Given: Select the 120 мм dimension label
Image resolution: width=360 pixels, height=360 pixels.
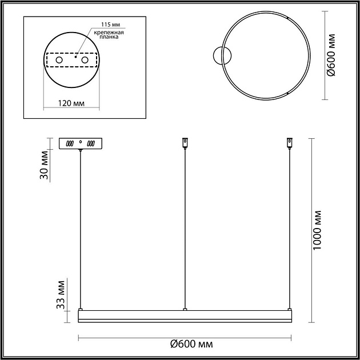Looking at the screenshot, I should point(72,103).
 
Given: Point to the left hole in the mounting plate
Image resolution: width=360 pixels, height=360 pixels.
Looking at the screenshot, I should point(58,60).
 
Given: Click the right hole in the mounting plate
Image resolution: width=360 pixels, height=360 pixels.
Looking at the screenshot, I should point(85,60).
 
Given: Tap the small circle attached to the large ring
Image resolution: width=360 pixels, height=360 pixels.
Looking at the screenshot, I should point(219,55).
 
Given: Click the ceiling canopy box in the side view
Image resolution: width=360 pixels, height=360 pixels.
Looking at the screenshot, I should point(81,143).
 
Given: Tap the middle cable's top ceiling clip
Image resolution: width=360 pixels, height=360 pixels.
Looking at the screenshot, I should point(185,142).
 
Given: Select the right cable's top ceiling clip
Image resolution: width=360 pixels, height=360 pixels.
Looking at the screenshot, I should point(290,142).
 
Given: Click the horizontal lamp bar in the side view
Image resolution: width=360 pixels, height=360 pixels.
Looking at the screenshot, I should point(185,315).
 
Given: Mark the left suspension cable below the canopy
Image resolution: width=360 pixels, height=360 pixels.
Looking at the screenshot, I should point(81,229).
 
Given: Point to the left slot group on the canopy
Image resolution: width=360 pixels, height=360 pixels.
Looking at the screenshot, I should point(70,143).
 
